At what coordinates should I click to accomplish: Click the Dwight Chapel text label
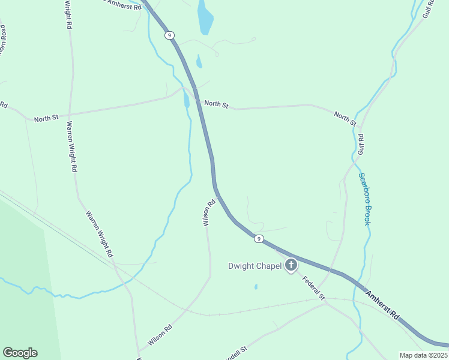coord(255,266)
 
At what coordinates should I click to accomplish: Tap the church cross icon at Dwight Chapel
coord(291,265)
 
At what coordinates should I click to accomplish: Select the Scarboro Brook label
coord(363,199)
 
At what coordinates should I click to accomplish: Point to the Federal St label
coord(313,288)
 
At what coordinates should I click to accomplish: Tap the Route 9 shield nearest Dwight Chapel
coord(258,239)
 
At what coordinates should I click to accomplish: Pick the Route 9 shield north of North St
coord(170,35)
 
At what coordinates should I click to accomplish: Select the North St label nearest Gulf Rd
coord(345,119)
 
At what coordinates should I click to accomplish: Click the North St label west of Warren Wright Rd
coord(46,119)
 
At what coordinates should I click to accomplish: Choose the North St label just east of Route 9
coord(216,104)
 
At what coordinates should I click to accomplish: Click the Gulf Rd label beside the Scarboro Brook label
coord(361,145)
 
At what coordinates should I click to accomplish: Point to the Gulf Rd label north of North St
coord(427,8)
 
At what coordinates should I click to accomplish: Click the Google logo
coord(20,353)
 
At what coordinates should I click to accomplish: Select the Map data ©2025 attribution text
coord(423,355)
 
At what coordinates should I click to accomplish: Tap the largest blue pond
coord(205,17)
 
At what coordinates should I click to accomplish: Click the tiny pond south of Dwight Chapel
coord(256,287)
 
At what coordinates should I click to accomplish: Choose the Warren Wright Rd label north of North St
coord(68,15)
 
